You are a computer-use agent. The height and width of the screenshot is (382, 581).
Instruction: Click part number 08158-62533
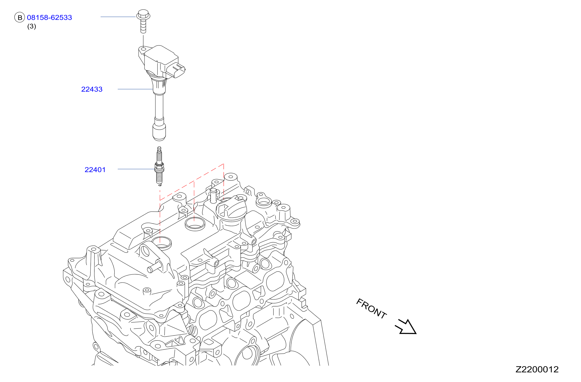pos(49,18)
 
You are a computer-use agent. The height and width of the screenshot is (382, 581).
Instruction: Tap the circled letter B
pos(20,18)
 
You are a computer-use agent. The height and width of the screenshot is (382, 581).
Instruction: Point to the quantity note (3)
pos(32,26)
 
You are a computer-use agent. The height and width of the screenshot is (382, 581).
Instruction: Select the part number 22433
pos(92,89)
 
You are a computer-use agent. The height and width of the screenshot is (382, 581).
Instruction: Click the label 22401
pos(95,170)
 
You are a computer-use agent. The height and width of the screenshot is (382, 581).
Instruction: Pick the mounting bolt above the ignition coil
pos(143,21)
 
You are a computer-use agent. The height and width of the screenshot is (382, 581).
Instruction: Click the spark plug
pos(159,166)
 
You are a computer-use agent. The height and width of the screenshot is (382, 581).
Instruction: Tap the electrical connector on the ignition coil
pos(176,69)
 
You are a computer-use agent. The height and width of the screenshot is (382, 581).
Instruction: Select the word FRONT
pos(371,309)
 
